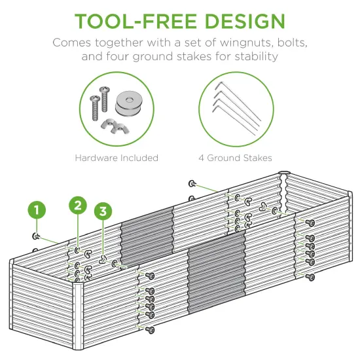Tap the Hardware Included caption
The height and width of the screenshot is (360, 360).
117,158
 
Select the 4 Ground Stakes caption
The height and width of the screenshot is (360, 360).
235,158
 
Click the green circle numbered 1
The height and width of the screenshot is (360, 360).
37,210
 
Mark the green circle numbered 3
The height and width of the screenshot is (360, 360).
103,211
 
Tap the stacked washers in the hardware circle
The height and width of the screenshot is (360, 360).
128,103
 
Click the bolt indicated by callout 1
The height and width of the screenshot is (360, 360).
37,236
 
